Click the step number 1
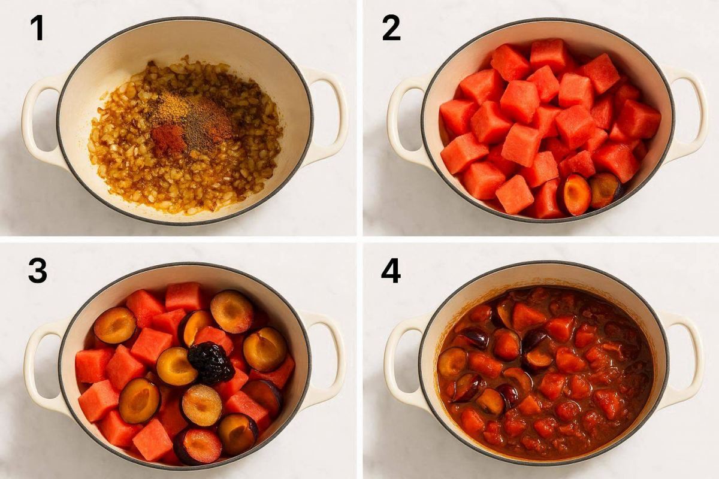click(x=38, y=29)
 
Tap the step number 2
click(x=391, y=28)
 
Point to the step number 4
click(x=391, y=271)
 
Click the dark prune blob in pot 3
click(x=210, y=363)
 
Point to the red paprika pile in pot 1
click(x=168, y=140)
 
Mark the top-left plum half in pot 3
click(x=115, y=325)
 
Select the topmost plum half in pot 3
click(x=232, y=311)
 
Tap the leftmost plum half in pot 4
click(x=452, y=362)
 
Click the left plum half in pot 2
click(x=576, y=195)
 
